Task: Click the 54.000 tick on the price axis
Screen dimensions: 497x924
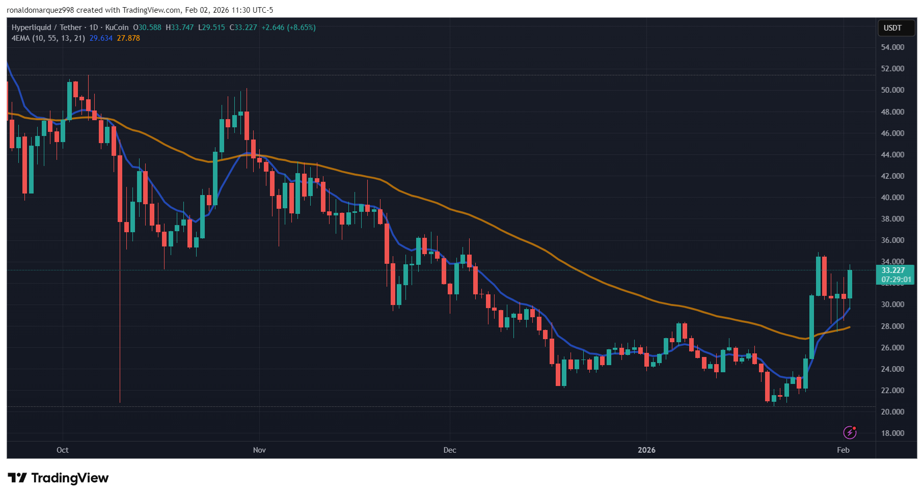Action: [892, 47]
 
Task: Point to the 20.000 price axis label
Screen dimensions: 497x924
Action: [892, 412]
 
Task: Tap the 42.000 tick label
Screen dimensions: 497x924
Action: [892, 176]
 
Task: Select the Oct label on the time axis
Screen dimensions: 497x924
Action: [63, 450]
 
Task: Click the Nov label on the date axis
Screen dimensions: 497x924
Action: [259, 450]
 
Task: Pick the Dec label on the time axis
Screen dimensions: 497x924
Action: [450, 450]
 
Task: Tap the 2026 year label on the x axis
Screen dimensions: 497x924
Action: [646, 450]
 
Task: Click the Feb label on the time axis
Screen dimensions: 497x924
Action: [843, 450]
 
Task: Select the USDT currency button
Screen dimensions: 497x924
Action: [892, 28]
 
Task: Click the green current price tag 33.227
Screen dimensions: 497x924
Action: [893, 270]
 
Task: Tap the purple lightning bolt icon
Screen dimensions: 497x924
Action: [850, 432]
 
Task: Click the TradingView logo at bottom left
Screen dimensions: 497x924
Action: [59, 478]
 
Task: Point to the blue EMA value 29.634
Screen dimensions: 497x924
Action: [101, 38]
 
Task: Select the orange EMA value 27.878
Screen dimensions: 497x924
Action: [128, 38]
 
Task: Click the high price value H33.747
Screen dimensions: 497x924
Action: [180, 27]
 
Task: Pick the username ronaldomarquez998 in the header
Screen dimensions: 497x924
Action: [40, 10]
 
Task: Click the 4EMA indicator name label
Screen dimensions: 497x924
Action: [21, 38]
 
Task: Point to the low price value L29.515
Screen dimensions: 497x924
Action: [211, 27]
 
